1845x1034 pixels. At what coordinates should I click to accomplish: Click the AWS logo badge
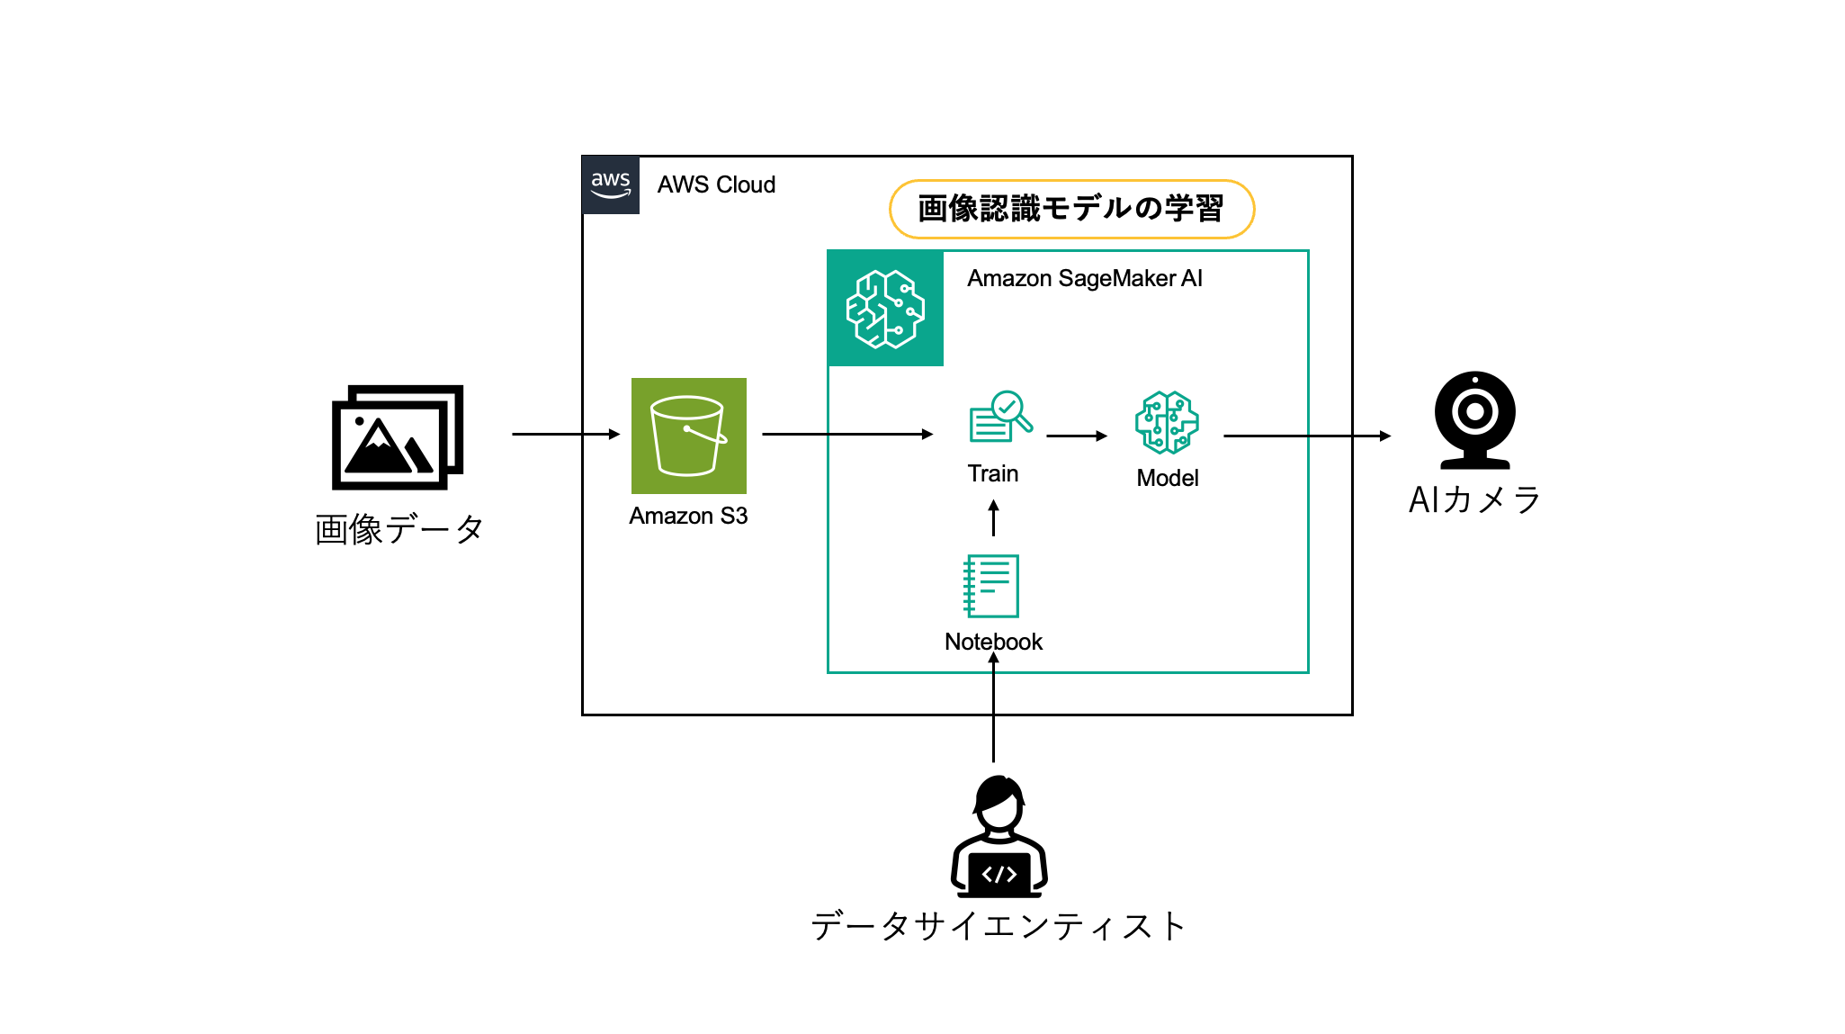(x=611, y=185)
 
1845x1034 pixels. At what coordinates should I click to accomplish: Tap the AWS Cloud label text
(x=716, y=185)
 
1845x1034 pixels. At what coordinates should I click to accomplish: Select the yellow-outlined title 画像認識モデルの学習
(x=1070, y=209)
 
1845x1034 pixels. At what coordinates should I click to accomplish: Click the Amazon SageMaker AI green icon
(x=885, y=309)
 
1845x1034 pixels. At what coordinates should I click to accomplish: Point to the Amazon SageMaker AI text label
(x=1084, y=279)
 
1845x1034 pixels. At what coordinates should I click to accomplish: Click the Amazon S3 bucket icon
(x=689, y=436)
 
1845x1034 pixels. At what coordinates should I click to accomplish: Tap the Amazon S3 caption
(x=688, y=517)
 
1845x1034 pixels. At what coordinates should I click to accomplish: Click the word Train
(x=993, y=474)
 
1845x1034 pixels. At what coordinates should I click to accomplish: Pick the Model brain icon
(x=1167, y=422)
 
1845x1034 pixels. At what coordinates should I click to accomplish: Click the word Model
(x=1168, y=479)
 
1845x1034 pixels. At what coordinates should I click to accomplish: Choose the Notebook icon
(x=991, y=586)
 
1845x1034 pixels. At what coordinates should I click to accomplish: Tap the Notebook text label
(x=993, y=643)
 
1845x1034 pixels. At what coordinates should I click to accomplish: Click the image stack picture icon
(x=398, y=437)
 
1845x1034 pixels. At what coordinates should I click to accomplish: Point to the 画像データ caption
(x=399, y=529)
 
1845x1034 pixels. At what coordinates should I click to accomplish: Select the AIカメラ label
(x=1474, y=499)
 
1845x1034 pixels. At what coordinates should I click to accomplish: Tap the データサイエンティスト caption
(x=999, y=926)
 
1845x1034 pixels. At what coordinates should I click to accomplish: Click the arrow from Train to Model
(x=1077, y=436)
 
